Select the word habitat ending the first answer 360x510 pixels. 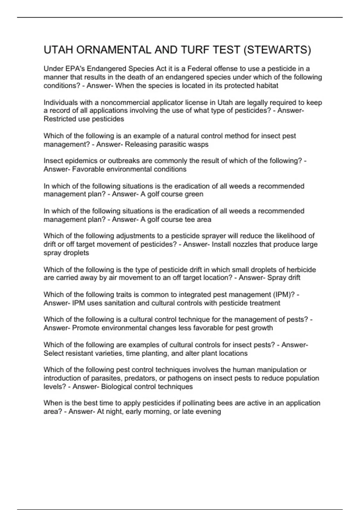tap(267, 85)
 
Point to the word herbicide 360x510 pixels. tap(301, 269)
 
